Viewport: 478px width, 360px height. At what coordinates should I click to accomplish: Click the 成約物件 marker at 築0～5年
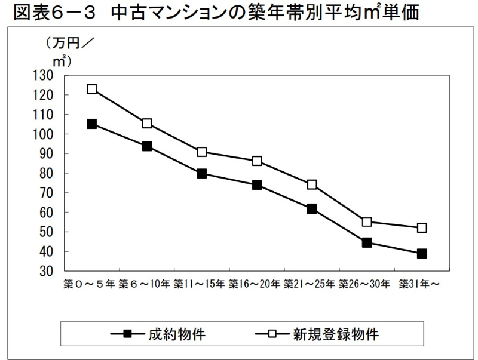91,124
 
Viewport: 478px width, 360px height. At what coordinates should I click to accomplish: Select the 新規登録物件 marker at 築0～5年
91,89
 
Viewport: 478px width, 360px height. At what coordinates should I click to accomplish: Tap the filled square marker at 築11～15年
201,174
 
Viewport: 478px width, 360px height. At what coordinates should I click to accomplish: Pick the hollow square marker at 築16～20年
257,161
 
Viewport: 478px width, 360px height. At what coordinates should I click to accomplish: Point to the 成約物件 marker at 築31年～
422,253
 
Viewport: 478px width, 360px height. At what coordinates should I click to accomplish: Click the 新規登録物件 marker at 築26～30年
367,221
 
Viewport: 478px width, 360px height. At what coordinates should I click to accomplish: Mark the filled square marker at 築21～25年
312,209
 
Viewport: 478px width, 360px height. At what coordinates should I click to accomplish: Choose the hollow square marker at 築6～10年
147,124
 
